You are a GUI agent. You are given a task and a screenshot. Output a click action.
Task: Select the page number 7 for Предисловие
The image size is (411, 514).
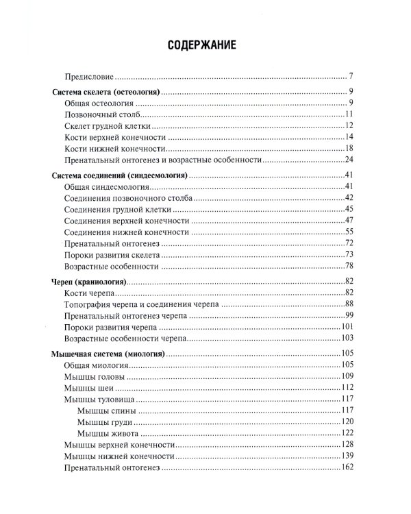point(349,75)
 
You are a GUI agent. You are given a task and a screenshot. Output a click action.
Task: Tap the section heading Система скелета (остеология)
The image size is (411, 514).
point(105,91)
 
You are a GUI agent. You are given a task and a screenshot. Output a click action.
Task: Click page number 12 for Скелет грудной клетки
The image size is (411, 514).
point(348,126)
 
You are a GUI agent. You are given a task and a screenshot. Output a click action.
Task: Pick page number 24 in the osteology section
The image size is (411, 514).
point(348,160)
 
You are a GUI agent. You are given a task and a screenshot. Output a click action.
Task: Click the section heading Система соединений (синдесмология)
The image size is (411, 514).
point(120,176)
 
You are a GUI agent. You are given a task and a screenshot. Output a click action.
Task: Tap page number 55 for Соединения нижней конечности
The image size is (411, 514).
point(348,232)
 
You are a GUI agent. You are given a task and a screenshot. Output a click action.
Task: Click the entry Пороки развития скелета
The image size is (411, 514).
point(112,255)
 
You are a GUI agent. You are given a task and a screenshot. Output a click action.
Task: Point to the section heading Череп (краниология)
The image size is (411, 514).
point(89,282)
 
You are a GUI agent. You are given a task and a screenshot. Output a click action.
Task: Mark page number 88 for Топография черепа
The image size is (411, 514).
point(348,304)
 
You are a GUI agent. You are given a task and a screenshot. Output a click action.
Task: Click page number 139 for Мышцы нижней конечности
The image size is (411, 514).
point(346,456)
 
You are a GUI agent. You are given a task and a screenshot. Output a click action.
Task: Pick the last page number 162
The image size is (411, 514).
point(346,467)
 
